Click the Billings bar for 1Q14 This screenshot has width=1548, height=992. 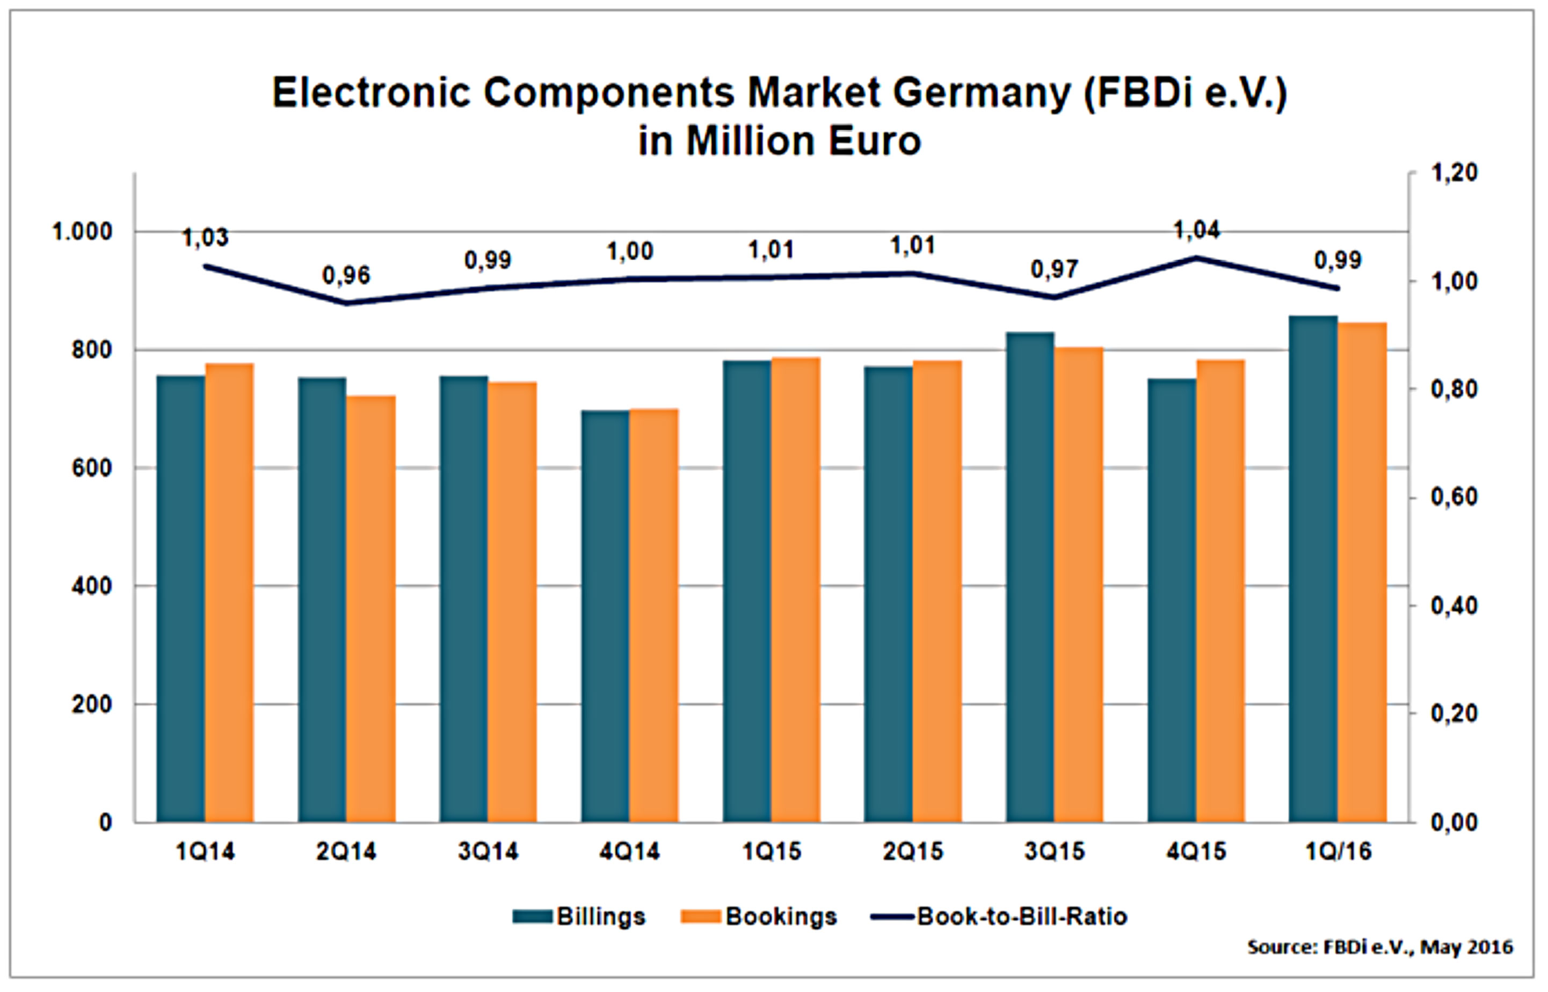(181, 599)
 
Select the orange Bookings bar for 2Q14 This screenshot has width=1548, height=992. (370, 609)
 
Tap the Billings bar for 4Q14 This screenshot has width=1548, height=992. (605, 616)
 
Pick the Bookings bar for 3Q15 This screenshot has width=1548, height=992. (1079, 585)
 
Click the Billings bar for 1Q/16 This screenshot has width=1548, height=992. (1313, 570)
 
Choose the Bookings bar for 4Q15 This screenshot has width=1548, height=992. (1220, 591)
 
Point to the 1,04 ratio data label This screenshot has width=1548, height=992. (1196, 230)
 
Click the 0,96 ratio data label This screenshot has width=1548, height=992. (346, 276)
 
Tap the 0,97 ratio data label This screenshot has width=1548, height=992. (1055, 269)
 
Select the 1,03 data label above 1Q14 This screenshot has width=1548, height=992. (205, 238)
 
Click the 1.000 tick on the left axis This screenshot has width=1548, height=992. (82, 232)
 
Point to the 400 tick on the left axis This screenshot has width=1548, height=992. (91, 587)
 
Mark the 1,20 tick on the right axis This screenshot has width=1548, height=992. (1454, 172)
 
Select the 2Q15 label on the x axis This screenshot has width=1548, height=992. (913, 852)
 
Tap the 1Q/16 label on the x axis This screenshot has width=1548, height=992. (1338, 852)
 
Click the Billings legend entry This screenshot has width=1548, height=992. (579, 917)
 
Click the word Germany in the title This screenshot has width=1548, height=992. (982, 94)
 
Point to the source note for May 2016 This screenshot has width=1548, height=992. (1380, 947)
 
